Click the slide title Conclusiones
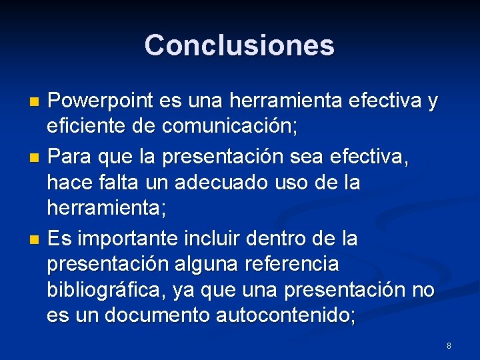(239, 45)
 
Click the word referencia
(293, 264)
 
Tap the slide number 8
(449, 346)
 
